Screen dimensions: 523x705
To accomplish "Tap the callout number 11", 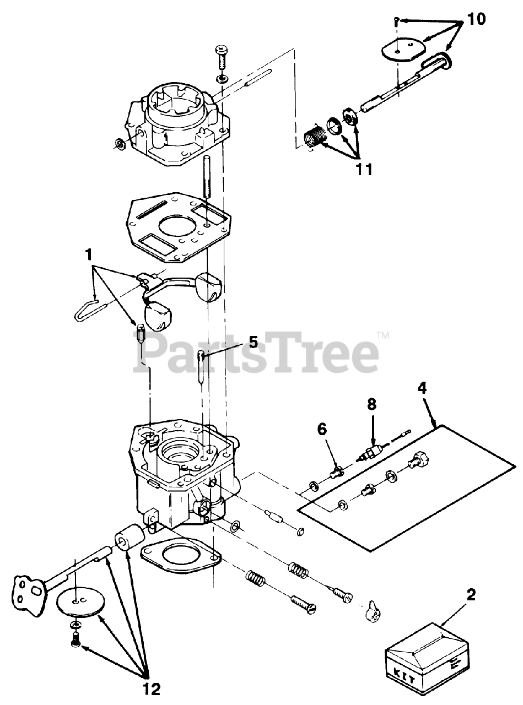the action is tap(362, 169).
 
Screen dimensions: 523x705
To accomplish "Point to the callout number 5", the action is tap(252, 342).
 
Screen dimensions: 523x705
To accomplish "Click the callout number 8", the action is tap(372, 404).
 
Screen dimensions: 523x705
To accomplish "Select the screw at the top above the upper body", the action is tap(220, 57).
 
